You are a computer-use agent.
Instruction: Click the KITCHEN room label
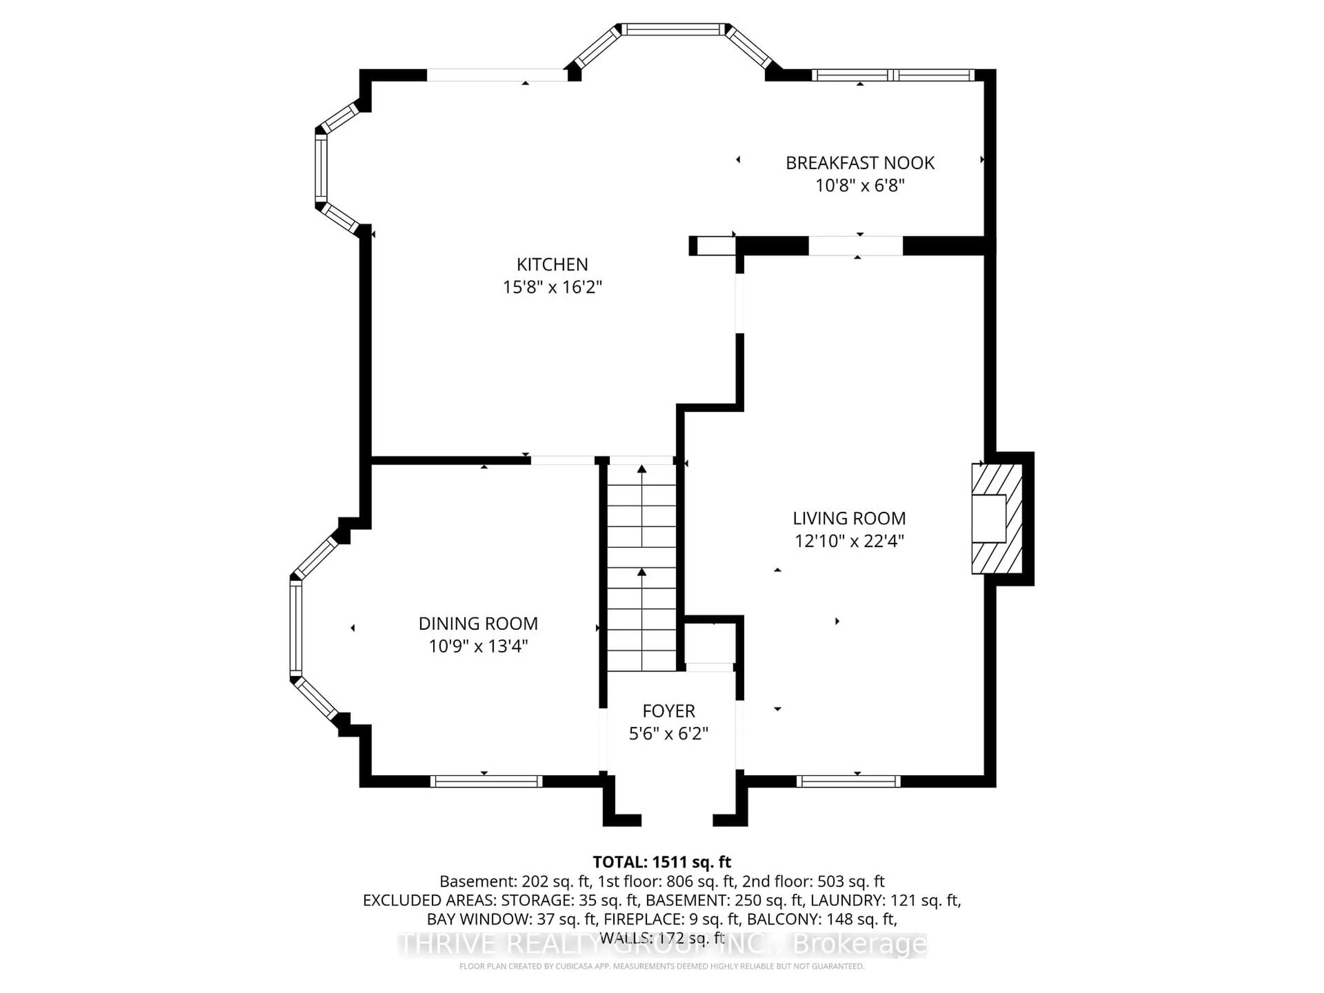552,264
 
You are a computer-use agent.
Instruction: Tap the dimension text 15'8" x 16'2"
552,287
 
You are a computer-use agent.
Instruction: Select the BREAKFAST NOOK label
860,163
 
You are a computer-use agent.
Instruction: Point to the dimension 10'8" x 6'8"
860,185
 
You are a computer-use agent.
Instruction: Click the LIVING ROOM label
849,518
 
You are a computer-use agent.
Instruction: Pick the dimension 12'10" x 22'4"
849,541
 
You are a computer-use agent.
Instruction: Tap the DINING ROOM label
478,624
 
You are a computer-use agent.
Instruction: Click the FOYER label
669,711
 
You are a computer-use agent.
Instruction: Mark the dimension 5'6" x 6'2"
669,734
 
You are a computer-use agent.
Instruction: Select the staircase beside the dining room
642,569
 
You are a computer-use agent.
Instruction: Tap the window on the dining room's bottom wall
486,781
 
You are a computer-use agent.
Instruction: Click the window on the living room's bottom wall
848,781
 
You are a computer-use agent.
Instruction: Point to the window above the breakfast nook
892,75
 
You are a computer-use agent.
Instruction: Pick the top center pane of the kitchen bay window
673,29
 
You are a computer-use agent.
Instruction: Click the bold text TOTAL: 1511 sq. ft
661,862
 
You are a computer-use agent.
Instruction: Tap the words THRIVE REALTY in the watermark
497,944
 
